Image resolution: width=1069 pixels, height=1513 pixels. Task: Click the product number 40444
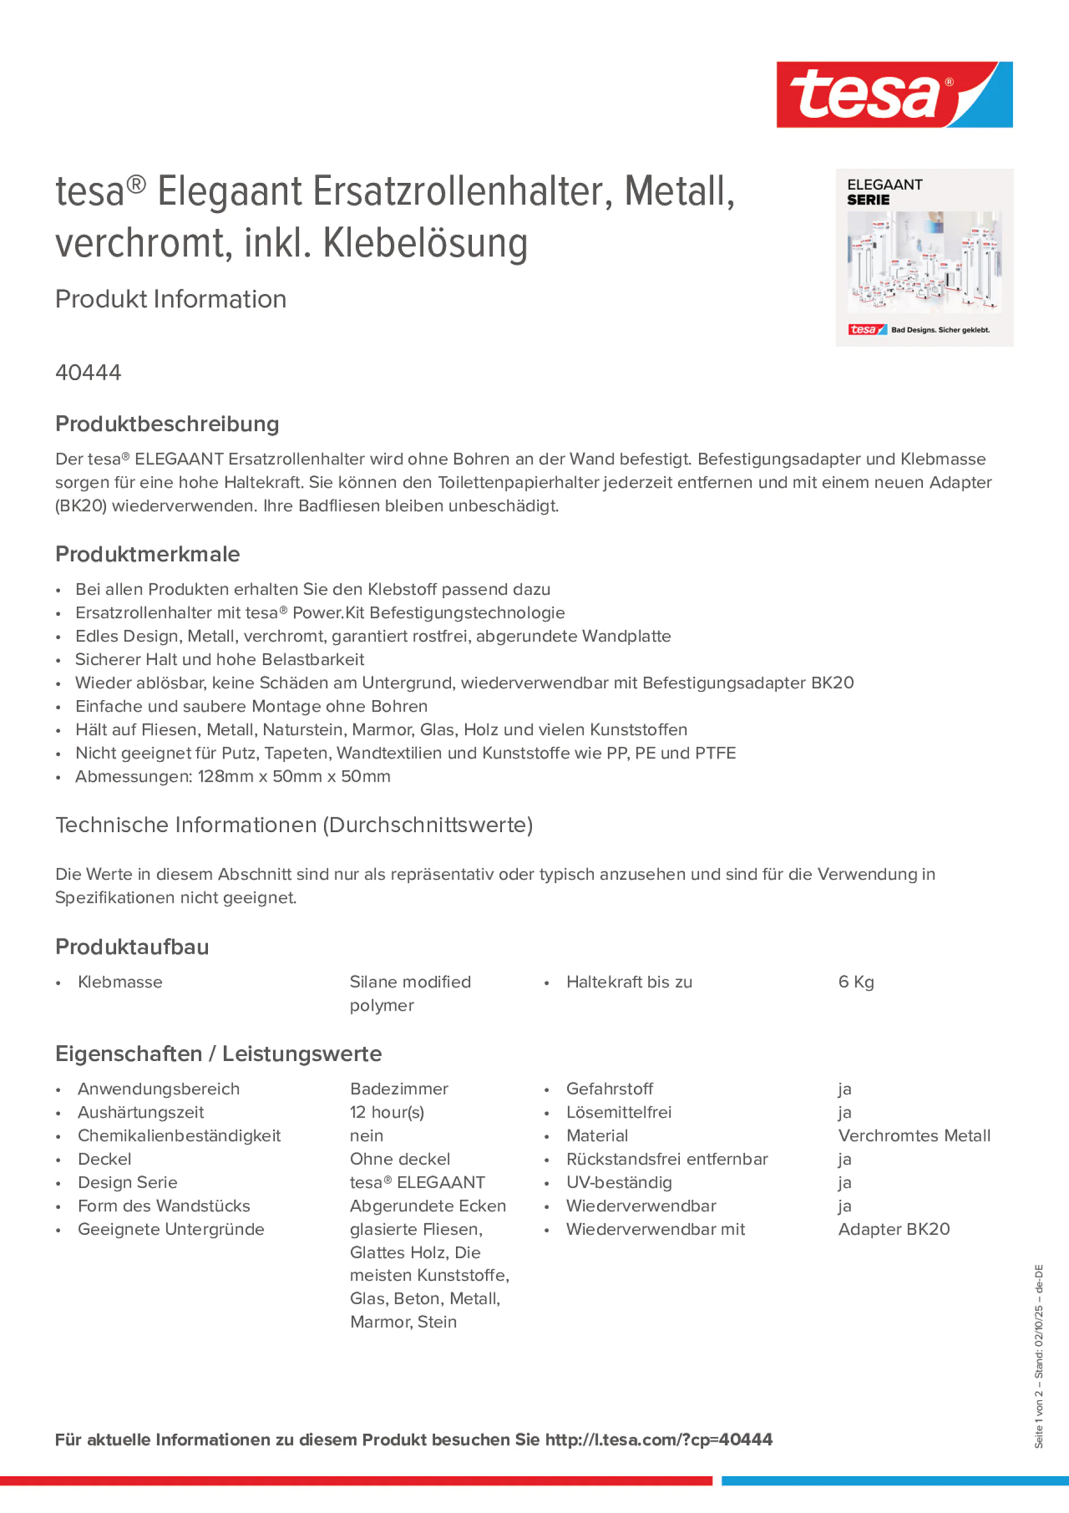coord(88,372)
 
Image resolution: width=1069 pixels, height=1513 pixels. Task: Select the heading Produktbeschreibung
coord(167,424)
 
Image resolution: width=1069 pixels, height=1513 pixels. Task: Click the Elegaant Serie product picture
coord(924,258)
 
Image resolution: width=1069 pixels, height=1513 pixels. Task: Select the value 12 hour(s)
coord(387,1113)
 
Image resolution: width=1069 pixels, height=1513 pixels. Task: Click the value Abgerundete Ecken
coord(428,1206)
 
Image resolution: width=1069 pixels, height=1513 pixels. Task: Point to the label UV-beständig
coord(619,1182)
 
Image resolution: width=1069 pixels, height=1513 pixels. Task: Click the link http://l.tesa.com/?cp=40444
coord(658,1439)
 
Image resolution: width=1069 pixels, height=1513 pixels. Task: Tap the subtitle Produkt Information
coord(171,299)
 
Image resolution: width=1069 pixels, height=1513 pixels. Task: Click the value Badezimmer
coord(399,1089)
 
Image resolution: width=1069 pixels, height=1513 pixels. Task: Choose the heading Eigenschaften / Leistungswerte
coord(218,1054)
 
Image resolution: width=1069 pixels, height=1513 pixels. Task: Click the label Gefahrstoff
coord(609,1089)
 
